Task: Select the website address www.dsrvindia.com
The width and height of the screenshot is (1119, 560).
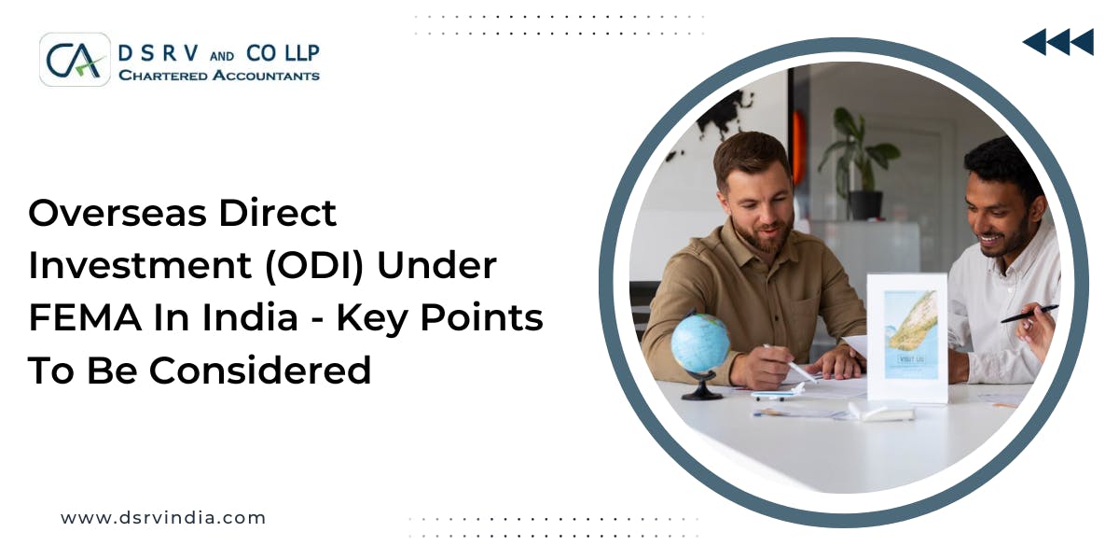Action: [x=163, y=518]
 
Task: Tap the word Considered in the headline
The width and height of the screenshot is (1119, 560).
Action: [x=260, y=371]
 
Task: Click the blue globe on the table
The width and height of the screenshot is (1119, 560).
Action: [x=699, y=344]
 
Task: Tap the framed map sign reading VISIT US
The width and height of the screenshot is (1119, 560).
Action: [x=907, y=336]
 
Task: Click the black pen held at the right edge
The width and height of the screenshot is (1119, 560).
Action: [x=1029, y=314]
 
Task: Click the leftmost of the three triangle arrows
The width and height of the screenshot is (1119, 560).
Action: [x=1034, y=42]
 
